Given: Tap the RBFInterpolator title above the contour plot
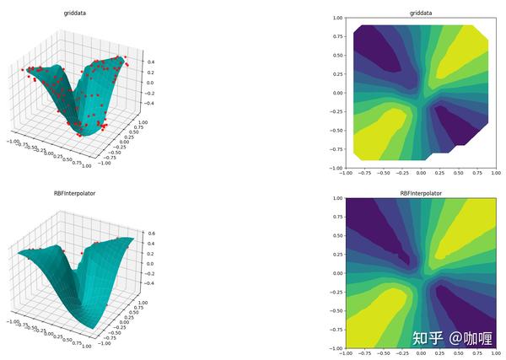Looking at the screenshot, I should coord(421,193).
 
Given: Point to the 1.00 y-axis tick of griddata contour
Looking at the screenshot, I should coord(337,18).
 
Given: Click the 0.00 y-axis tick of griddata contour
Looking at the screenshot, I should coord(337,93).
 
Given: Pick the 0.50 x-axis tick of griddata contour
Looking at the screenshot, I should coord(459,174).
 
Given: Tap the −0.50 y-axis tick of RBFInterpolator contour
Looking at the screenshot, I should coord(336,310).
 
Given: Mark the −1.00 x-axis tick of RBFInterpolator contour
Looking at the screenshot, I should coord(344,355).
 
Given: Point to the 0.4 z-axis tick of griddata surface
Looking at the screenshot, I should coord(148,62).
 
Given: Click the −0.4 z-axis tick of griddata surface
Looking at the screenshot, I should coord(148,103).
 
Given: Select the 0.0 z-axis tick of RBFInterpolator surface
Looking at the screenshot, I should coord(148,263).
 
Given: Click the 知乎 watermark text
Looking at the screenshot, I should coord(428,338).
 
